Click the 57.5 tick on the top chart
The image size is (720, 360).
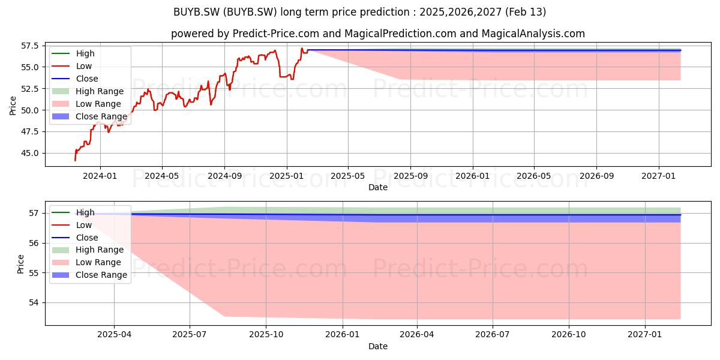point(29,46)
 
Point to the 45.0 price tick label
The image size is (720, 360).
point(29,153)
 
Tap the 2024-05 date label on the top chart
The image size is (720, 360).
point(162,176)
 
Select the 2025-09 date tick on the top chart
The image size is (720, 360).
point(411,176)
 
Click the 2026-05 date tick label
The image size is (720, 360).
point(533,176)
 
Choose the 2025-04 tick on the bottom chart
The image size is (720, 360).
point(115,334)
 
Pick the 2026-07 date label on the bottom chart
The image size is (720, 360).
point(493,334)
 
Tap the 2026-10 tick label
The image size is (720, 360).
point(569,334)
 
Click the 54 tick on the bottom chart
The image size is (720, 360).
point(34,302)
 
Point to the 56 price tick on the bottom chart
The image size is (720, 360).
point(34,243)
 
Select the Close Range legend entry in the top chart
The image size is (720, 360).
point(89,116)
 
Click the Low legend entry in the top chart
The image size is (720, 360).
point(72,66)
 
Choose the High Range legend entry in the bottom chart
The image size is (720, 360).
point(88,250)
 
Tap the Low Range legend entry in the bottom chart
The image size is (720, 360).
point(86,262)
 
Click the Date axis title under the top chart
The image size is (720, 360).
point(378,187)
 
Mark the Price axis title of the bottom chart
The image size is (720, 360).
point(20,264)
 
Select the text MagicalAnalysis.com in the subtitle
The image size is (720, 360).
point(533,34)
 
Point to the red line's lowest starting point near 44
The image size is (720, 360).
point(75,160)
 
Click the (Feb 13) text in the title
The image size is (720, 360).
point(526,12)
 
